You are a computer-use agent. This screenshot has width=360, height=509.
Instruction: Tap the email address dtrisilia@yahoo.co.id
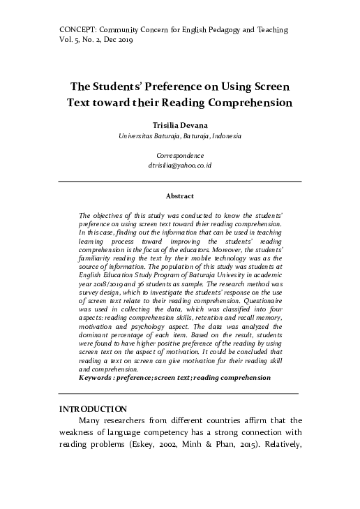(x=179, y=166)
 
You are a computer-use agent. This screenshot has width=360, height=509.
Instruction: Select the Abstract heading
(x=179, y=196)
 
